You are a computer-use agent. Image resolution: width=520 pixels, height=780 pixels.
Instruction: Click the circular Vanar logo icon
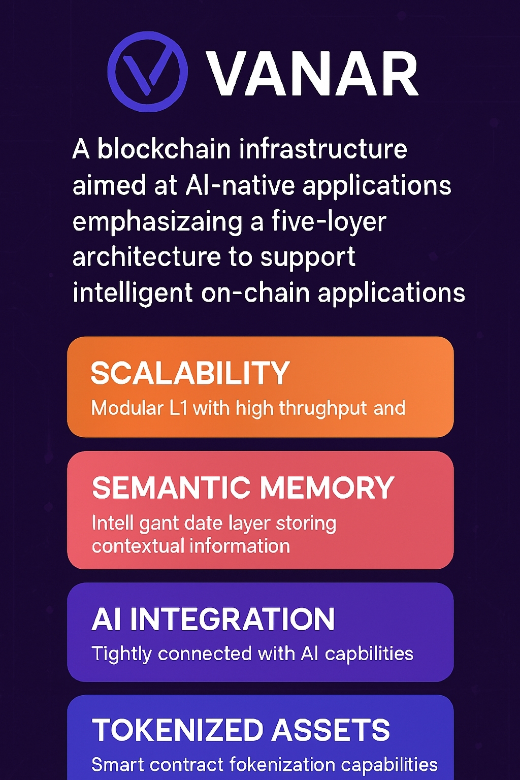(147, 72)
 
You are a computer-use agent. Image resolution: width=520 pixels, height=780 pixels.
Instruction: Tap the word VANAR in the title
(312, 74)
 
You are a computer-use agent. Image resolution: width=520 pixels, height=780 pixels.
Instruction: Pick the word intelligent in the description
(133, 293)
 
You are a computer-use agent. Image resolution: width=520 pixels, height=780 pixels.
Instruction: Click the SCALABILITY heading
(190, 373)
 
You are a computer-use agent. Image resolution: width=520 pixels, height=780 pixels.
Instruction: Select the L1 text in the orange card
(178, 408)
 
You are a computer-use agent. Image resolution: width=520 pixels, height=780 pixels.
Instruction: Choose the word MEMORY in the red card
(327, 488)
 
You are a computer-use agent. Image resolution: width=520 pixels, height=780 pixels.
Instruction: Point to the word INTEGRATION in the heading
(232, 620)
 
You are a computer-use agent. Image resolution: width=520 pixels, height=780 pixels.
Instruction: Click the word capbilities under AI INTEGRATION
(369, 654)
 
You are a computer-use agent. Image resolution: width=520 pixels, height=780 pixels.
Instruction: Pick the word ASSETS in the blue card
(331, 730)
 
